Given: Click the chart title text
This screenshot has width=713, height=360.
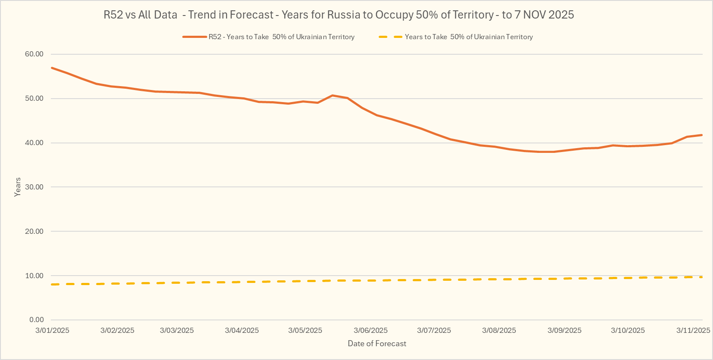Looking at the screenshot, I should coord(339,15).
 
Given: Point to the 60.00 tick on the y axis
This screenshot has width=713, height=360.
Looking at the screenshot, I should coord(34,54).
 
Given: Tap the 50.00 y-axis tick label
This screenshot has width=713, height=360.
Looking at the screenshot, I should coord(34,99).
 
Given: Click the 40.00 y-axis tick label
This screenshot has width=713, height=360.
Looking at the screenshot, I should coord(34,143).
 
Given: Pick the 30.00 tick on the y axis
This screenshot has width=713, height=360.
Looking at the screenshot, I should coord(34,187).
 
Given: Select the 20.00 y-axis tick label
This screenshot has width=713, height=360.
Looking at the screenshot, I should coord(34,232).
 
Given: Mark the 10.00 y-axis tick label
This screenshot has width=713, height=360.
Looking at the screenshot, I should coord(34,276).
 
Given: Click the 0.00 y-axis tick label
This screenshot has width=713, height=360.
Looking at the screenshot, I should coord(37,320).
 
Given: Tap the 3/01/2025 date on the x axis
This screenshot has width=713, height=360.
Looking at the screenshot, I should coord(52,331).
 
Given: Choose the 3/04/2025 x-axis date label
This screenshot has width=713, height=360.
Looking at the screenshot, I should coord(242,331).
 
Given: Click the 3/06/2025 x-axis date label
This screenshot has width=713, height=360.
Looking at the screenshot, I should coord(371,331).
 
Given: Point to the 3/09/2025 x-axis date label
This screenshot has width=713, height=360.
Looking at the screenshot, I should coord(564,331).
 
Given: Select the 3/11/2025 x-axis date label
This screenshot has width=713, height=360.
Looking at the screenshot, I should coord(693,331).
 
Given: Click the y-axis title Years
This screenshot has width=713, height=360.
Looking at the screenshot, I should coord(18,187).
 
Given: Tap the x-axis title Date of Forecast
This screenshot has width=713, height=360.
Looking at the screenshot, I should coord(377,344).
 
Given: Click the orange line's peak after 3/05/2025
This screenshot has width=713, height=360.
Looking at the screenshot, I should coord(332,96).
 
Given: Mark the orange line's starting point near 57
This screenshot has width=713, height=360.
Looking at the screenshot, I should coord(52,68).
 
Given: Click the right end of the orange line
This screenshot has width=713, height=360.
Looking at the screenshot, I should coord(702,135).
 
